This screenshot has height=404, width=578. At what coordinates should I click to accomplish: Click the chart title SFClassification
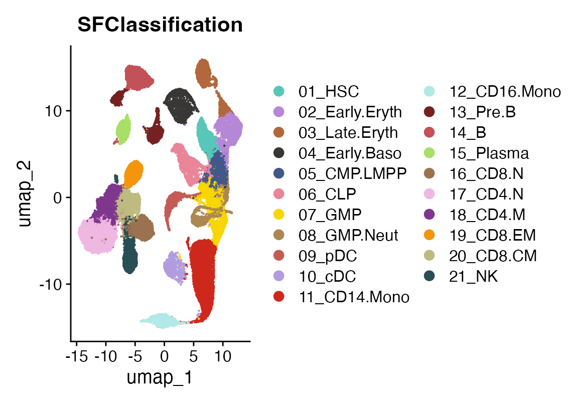[x=160, y=25]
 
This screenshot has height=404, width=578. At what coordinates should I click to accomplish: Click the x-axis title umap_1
[x=160, y=377]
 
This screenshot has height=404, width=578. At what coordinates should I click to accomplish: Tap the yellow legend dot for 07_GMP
[x=279, y=215]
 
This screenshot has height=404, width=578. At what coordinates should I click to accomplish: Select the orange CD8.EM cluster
[x=134, y=173]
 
